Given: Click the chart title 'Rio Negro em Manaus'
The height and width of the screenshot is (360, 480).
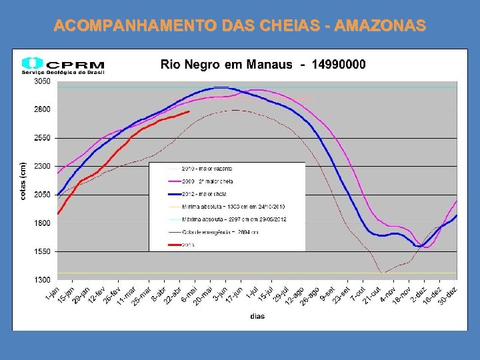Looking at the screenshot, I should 226,65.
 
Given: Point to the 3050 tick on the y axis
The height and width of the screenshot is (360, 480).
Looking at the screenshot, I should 42,81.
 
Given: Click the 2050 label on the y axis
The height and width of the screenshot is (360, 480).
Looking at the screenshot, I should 42,195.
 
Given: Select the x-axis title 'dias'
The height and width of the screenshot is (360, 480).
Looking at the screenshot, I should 257,316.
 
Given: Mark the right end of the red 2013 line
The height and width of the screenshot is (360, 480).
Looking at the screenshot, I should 189,112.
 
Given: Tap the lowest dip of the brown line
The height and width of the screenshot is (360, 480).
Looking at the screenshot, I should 382,273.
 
